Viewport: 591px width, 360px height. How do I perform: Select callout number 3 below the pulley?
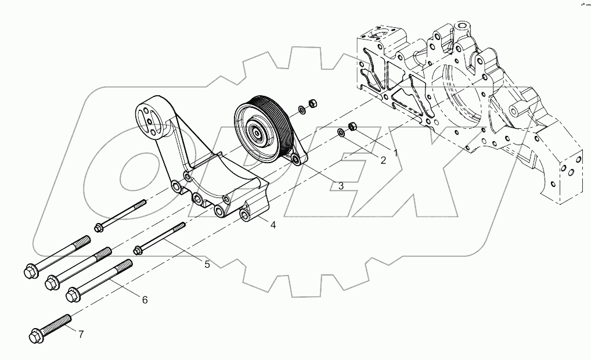[x=341, y=186]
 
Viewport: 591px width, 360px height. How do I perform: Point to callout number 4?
[x=272, y=224]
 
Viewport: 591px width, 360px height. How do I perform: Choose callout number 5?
[x=207, y=265]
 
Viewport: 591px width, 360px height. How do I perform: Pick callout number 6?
[x=145, y=300]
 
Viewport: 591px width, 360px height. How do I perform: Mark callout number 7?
[x=81, y=334]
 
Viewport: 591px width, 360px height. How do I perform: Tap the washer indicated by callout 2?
[x=343, y=134]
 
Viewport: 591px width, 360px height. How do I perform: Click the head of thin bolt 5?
[x=138, y=250]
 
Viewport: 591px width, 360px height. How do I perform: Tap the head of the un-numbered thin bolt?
[x=98, y=227]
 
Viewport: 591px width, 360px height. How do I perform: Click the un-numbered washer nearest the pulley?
[x=301, y=109]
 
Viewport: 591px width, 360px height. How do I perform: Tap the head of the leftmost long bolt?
[x=30, y=270]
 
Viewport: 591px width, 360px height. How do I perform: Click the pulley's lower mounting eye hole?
[x=297, y=159]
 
